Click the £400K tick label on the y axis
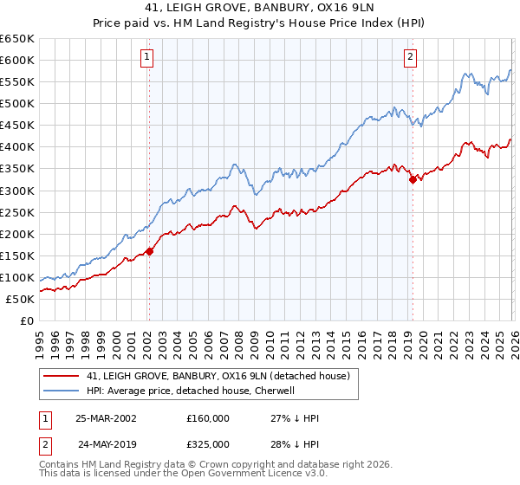17,147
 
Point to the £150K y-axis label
17,255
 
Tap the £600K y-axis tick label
17,60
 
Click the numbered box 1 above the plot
147,58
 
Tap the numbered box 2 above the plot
409,58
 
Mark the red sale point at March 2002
149,251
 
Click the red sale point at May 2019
413,179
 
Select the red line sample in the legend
62,377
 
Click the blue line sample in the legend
62,391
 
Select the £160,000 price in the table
208,417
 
